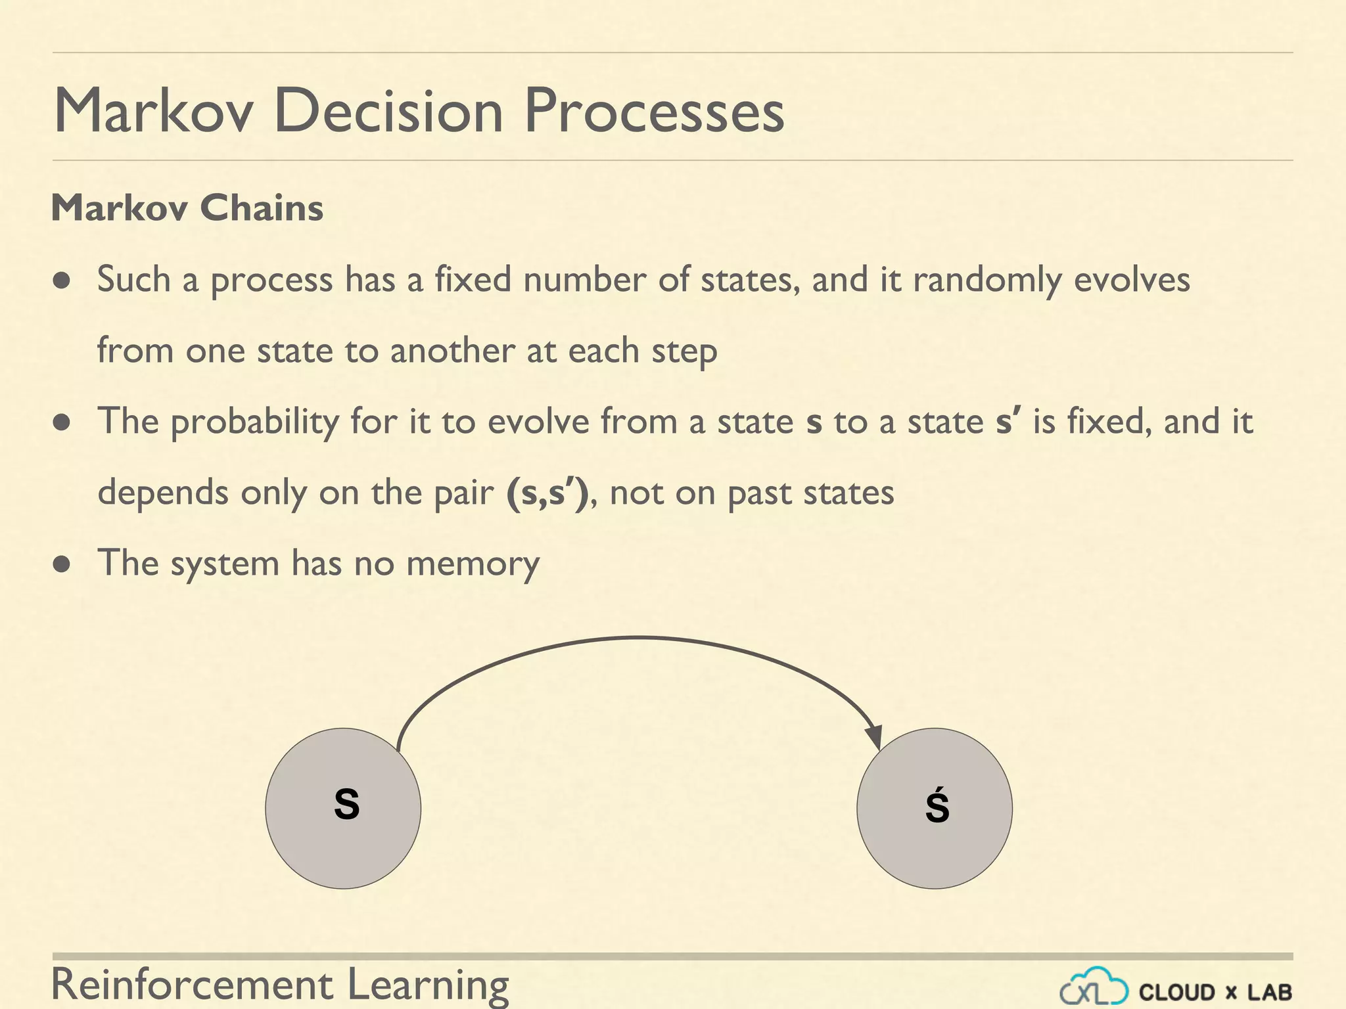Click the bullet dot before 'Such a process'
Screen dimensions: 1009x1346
point(62,281)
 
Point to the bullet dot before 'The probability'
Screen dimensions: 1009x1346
point(62,423)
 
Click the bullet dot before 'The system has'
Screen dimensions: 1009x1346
point(62,565)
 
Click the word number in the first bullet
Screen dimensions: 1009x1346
point(584,279)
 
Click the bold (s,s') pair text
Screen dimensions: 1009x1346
point(547,493)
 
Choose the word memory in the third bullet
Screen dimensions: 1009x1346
point(473,564)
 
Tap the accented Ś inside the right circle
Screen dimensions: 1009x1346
point(937,807)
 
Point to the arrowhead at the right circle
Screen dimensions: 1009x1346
point(873,737)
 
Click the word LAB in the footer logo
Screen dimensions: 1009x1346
point(1270,992)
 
